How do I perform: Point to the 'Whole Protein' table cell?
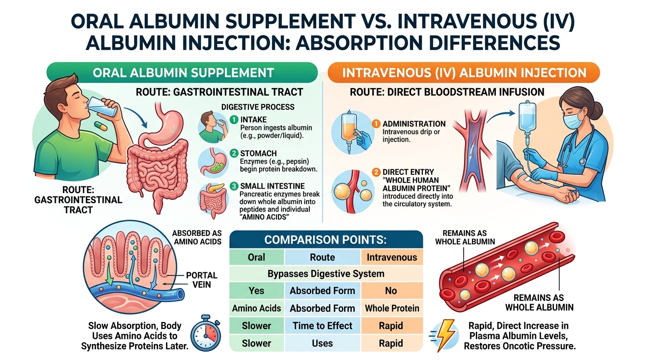point(392,308)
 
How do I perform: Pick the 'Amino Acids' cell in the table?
point(256,308)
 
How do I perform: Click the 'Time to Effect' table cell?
point(322,325)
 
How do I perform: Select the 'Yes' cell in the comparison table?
point(256,291)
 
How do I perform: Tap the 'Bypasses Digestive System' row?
point(326,273)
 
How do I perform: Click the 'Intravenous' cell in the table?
point(392,257)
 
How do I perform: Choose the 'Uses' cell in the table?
point(322,343)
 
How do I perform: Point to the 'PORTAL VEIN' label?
point(202,280)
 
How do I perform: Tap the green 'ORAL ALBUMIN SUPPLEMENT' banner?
point(183,73)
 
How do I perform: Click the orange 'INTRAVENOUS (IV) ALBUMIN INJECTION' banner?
point(464,73)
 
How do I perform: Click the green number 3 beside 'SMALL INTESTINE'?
point(234,186)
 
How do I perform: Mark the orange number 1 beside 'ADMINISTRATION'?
point(375,124)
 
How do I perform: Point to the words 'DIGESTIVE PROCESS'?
point(258,107)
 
